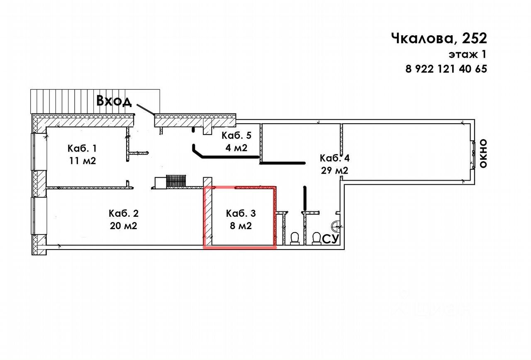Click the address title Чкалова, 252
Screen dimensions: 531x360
coord(438,39)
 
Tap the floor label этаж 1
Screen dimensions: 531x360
coord(467,54)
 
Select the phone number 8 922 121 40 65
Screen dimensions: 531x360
coord(446,69)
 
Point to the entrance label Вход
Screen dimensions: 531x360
coord(114,101)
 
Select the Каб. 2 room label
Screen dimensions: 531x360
coord(123,213)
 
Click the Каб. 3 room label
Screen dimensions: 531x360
coord(241,213)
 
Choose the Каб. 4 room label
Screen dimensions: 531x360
coord(334,158)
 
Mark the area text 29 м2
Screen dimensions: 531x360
coord(334,170)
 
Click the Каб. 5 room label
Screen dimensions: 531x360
coord(236,135)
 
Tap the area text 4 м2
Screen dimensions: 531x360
coord(236,147)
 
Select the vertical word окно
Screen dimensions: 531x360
coord(483,154)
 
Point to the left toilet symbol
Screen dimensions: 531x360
coord(295,238)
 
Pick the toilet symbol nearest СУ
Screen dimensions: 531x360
coord(316,238)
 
